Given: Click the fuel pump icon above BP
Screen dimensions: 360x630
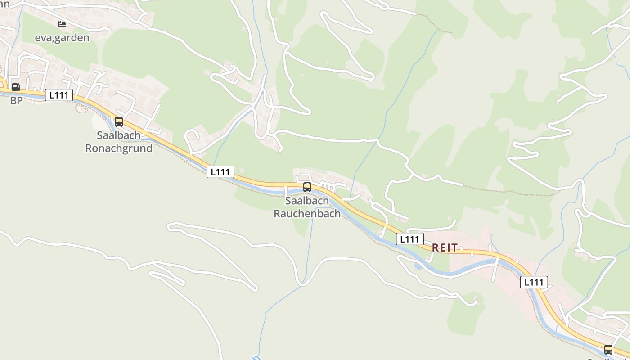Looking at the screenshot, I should (x=16, y=87).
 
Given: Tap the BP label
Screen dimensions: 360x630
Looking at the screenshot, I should (x=16, y=101).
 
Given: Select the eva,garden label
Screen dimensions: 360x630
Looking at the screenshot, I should (x=62, y=38).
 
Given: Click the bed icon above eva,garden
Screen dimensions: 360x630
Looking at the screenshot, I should (x=62, y=24).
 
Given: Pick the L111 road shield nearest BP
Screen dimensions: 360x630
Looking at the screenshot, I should (x=59, y=95).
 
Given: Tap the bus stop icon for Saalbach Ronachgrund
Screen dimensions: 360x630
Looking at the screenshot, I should (x=119, y=122).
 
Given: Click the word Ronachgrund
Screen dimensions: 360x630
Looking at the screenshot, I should (x=119, y=148).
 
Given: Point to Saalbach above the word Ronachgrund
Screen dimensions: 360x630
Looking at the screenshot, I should (x=119, y=135).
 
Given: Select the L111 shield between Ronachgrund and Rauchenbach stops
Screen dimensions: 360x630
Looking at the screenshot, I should (x=220, y=172).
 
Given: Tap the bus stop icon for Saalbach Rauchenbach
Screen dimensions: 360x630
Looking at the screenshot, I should (x=307, y=187).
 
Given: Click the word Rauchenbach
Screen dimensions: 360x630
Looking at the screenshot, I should (x=307, y=214).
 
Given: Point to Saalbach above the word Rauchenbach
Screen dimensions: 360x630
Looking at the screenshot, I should (x=307, y=201).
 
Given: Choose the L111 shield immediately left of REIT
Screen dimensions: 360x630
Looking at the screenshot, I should (x=409, y=239).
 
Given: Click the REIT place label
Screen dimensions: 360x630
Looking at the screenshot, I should (x=445, y=248).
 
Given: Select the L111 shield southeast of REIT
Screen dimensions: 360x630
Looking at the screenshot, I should (x=534, y=282).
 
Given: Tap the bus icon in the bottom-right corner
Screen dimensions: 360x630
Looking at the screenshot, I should (x=608, y=349).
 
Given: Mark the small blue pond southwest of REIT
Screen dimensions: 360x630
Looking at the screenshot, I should (x=418, y=266).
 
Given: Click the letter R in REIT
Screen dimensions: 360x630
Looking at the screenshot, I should (x=436, y=248).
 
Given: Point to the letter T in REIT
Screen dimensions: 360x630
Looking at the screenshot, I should (x=455, y=248).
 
